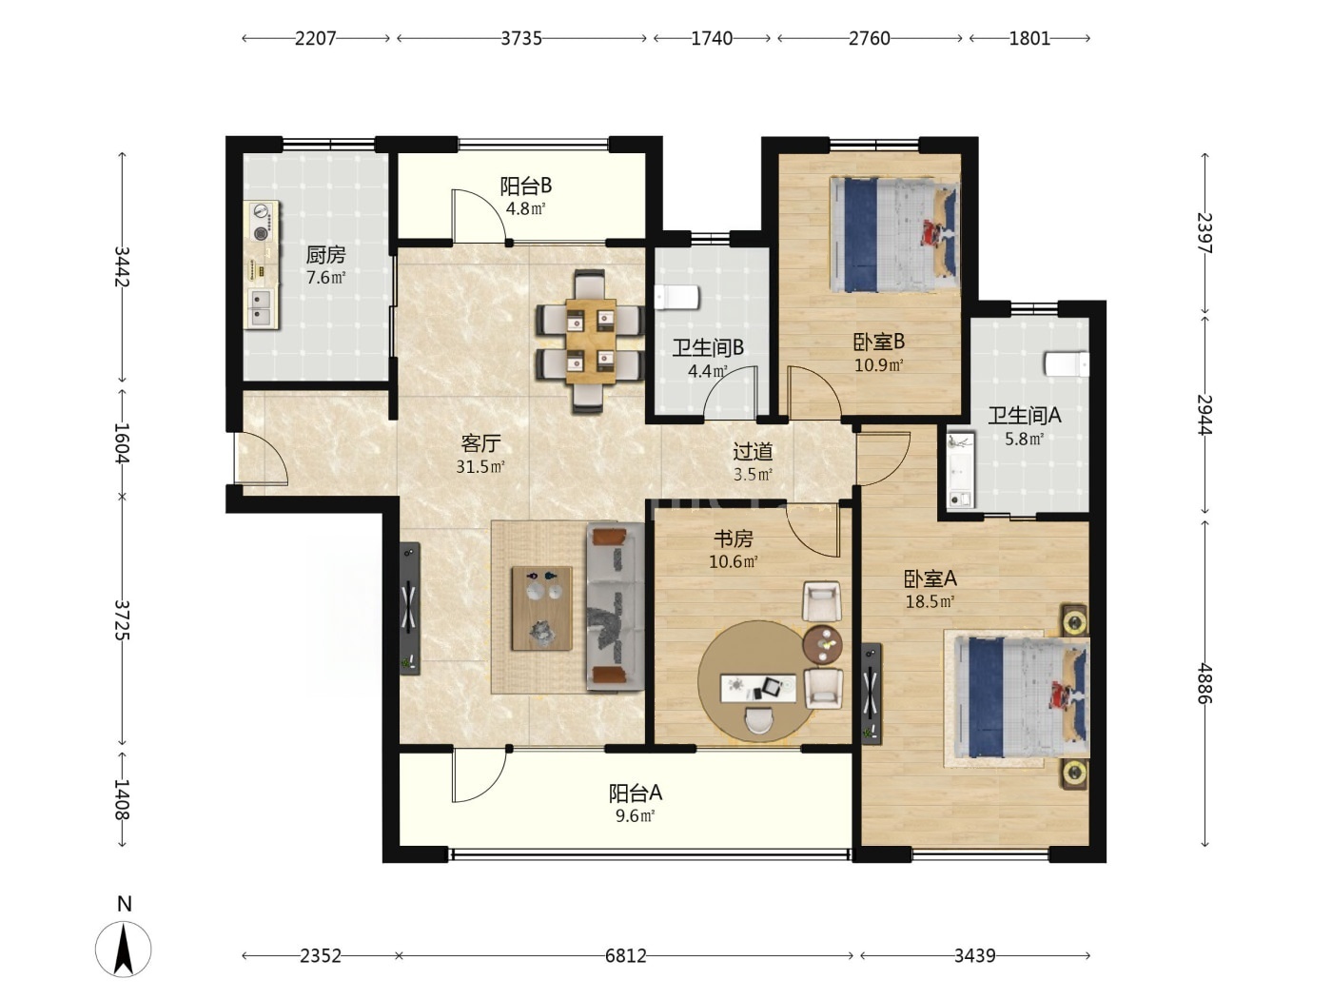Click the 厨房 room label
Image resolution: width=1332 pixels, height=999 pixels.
tap(326, 255)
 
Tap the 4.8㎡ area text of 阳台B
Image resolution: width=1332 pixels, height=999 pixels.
tap(525, 209)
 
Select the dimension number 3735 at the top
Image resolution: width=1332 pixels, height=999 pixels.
tap(521, 38)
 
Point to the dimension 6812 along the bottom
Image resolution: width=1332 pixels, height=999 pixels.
tap(626, 956)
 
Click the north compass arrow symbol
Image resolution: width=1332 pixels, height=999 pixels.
tap(124, 950)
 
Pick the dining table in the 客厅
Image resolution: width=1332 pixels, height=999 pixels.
tap(591, 342)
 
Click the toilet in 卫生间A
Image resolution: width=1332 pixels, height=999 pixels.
tap(1067, 364)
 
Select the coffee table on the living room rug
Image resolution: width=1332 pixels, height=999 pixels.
tap(542, 608)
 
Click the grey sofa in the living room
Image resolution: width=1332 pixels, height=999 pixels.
tap(616, 607)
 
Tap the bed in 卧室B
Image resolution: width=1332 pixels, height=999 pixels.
tap(895, 235)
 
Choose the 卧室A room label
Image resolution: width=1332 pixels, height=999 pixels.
tap(930, 579)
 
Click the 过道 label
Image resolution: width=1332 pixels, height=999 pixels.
tap(753, 452)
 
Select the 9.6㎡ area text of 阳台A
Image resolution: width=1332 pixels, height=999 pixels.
tap(635, 815)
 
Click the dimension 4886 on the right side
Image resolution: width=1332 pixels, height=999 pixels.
tap(1205, 682)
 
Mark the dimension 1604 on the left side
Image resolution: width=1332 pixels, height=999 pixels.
tap(123, 442)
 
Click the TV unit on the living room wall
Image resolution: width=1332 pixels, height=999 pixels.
tap(410, 608)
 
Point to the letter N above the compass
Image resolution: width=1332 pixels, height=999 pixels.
tap(125, 904)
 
